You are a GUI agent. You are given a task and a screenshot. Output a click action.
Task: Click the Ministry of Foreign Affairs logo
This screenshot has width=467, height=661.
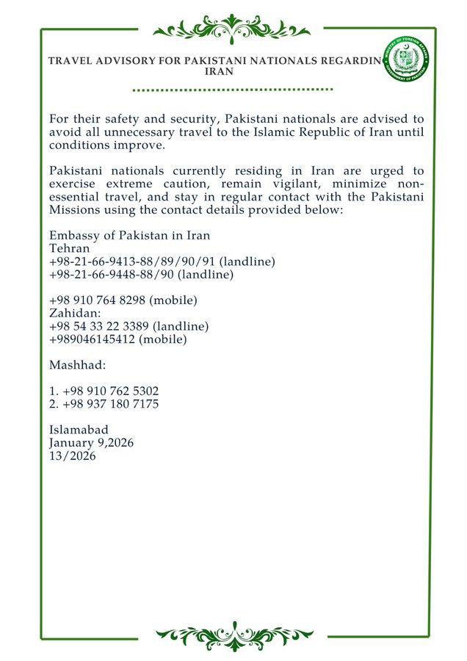point(409,59)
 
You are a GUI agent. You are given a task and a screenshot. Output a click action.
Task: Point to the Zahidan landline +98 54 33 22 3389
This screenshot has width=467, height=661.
point(104,326)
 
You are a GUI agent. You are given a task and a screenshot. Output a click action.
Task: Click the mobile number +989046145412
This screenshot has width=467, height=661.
point(95,339)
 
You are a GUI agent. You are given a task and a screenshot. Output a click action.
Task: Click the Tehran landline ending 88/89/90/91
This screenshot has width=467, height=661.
point(123,261)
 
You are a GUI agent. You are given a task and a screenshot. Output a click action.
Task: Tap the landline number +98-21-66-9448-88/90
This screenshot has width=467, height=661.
point(115,275)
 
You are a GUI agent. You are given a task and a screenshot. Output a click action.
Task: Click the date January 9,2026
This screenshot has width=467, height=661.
point(91,443)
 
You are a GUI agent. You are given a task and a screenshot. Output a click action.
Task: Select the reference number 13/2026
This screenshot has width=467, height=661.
point(72,456)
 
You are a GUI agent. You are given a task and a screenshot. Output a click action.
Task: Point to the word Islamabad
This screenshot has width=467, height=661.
point(79,430)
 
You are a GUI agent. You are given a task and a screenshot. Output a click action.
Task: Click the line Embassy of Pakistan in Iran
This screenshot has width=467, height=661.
point(129,236)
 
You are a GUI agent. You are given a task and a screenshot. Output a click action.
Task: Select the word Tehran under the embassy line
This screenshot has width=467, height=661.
point(68,248)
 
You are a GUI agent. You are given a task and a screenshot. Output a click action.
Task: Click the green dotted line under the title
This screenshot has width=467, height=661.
point(233,90)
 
